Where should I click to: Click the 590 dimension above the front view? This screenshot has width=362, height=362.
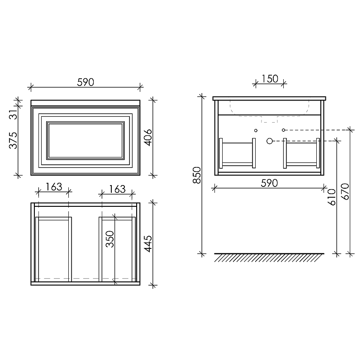point(86,82)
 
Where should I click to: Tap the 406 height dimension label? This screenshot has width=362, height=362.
point(148,138)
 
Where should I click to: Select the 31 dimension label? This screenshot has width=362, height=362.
point(13,114)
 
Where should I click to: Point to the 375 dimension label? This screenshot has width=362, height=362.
point(13,140)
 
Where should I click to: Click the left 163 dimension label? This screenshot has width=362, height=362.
point(54,187)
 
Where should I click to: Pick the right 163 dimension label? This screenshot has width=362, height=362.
point(117,189)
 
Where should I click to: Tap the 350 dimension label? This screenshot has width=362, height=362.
point(110,239)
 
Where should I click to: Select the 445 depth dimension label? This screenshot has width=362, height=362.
point(148,244)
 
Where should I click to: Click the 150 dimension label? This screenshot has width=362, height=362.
point(270,79)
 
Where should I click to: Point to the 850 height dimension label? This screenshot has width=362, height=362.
point(197,175)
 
